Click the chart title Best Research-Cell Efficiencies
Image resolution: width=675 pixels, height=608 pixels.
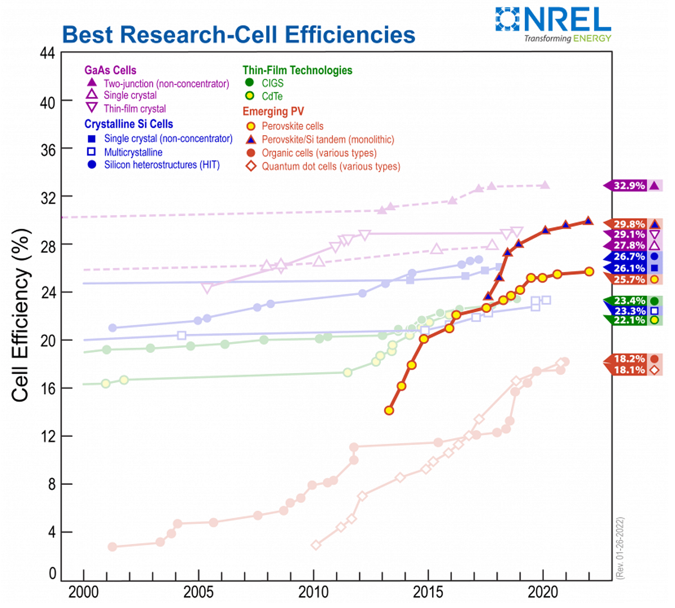pos(238,35)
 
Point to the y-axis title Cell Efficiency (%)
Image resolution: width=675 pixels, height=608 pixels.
pos(20,315)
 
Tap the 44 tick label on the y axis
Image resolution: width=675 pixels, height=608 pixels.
pos(47,53)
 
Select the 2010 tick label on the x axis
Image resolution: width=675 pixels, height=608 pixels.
pos(313,592)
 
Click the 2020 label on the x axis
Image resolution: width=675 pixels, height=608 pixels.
pos(543,592)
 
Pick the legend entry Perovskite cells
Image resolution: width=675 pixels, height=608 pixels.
pos(292,126)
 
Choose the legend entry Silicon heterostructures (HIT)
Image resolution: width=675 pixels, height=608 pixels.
pos(161,165)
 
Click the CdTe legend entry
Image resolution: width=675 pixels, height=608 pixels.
pos(272,96)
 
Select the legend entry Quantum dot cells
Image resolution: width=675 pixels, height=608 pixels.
pos(331,167)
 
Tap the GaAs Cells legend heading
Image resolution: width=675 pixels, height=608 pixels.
pos(110,70)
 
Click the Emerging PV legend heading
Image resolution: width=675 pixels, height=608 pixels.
pos(273,111)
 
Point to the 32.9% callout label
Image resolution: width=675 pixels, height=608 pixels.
pos(629,186)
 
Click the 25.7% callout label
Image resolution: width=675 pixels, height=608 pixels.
pos(629,279)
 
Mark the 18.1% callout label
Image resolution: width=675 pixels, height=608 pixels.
pos(629,370)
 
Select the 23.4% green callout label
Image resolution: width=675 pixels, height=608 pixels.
pos(629,301)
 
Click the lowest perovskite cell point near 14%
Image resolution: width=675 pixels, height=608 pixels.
pos(389,410)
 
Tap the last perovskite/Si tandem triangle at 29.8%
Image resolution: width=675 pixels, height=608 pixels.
pos(588,221)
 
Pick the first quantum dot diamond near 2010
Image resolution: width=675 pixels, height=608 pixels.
pos(316,545)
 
